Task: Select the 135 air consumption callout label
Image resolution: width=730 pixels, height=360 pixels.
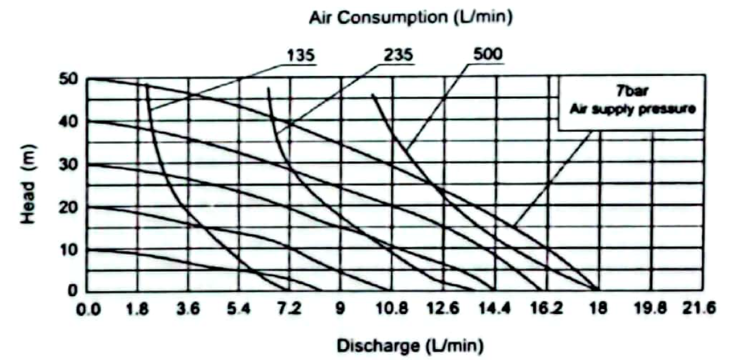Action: click(299, 56)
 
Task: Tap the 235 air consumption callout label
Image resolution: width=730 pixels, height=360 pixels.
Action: click(398, 56)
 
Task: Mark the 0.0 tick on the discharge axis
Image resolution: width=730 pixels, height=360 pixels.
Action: click(89, 308)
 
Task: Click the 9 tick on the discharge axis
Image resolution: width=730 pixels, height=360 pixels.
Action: click(340, 308)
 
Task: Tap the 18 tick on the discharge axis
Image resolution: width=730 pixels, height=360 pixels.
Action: click(598, 308)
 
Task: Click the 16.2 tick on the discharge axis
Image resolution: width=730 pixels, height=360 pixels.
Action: click(547, 308)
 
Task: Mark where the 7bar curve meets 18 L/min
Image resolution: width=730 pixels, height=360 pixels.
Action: click(598, 290)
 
